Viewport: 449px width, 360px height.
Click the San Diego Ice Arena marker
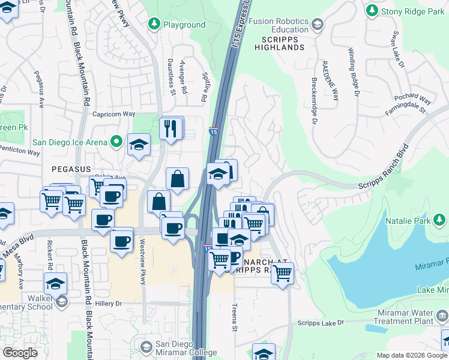point(117,142)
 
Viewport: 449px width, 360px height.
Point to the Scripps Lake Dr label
point(321,323)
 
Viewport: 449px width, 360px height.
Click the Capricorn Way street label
point(114,113)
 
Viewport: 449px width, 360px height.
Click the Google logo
point(20,353)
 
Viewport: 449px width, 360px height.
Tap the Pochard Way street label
point(412,98)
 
